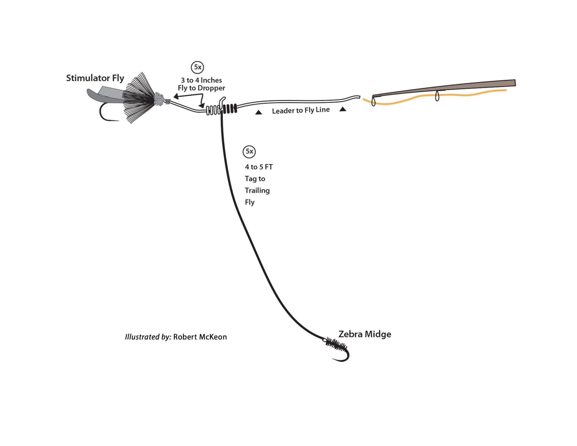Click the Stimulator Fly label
95,78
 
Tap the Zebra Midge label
365,334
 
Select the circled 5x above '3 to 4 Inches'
198,67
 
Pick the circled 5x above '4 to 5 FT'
249,151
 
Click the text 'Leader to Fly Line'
301,110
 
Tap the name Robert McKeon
200,337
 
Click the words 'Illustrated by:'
148,337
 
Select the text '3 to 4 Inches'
201,80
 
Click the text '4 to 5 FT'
259,167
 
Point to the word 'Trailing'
257,191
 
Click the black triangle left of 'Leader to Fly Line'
259,112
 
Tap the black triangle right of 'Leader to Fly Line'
343,110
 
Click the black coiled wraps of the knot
230,109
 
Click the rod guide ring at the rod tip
373,102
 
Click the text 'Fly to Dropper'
201,88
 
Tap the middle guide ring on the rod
437,96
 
